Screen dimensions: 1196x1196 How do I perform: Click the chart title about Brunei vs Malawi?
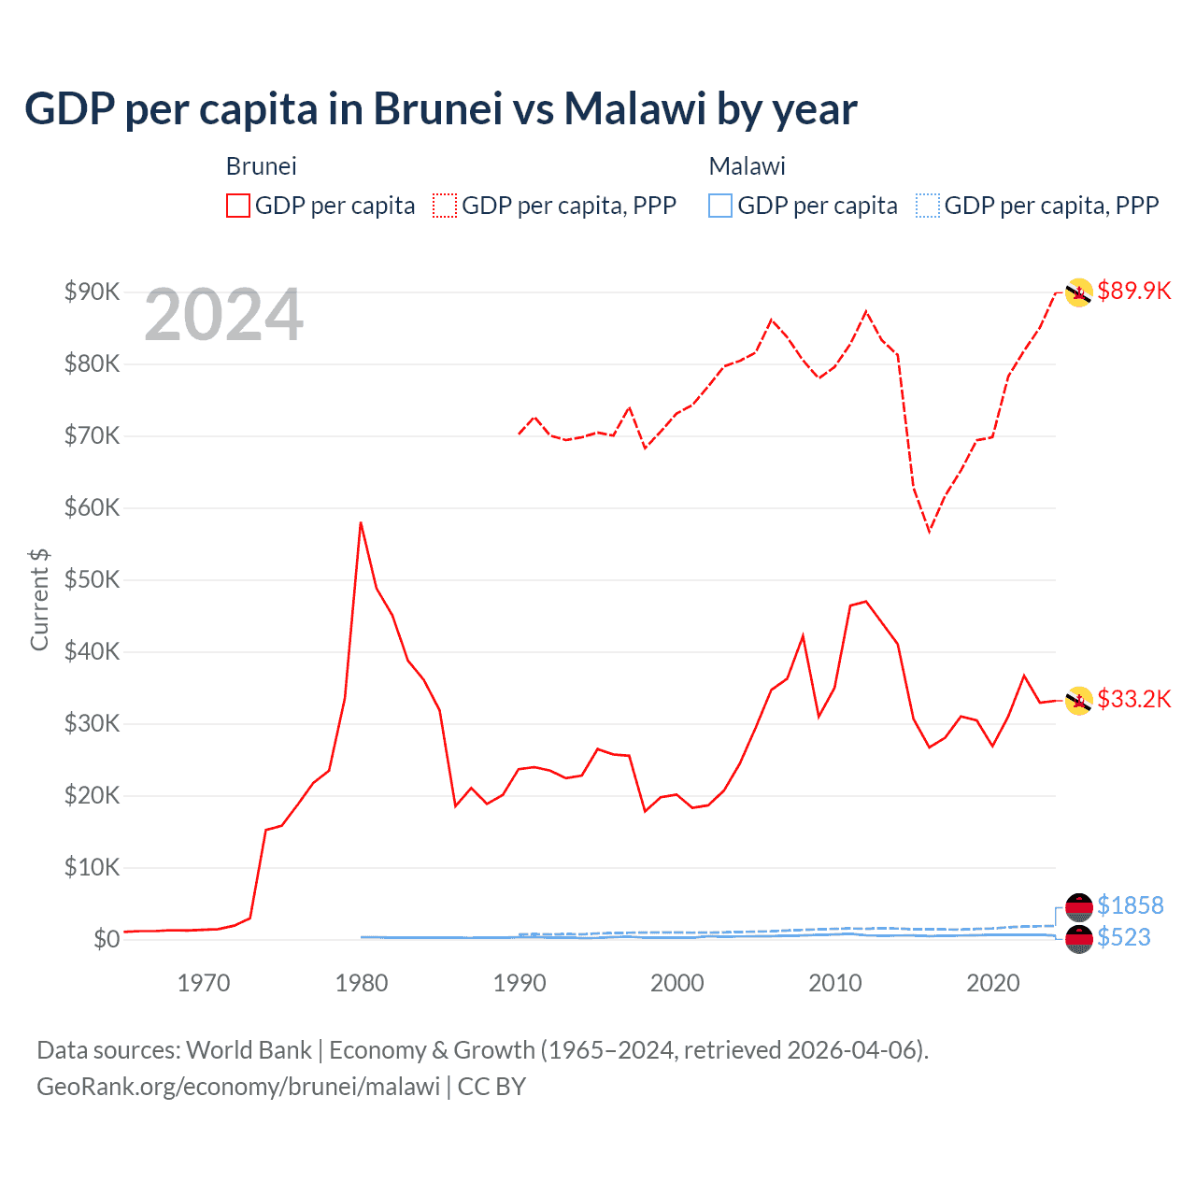click(x=440, y=109)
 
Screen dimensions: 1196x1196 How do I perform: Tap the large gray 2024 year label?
click(x=223, y=316)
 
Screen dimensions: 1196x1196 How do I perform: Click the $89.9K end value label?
click(x=1133, y=291)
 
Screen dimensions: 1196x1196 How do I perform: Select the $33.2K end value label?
click(x=1133, y=699)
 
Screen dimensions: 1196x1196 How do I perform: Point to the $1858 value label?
click(x=1130, y=905)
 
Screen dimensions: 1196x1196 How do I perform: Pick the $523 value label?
click(x=1123, y=937)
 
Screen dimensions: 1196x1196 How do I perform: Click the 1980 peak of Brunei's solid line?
click(x=361, y=523)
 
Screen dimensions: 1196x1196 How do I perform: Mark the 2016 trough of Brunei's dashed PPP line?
click(x=929, y=531)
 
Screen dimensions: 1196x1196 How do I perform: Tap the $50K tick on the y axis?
click(x=92, y=579)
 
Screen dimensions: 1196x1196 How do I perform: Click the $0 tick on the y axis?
click(x=107, y=939)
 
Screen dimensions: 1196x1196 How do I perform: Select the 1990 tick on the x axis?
click(x=520, y=983)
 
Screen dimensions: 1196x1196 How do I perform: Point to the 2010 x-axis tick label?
click(x=834, y=983)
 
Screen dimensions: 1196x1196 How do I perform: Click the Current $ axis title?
click(x=39, y=599)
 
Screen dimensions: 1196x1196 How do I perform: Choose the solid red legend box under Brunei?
click(x=238, y=206)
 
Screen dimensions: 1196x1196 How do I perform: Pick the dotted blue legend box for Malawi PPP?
click(x=928, y=206)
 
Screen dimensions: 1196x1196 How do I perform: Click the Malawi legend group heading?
click(x=747, y=166)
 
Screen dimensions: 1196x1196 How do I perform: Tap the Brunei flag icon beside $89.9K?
click(x=1078, y=292)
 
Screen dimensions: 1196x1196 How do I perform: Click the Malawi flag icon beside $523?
click(x=1079, y=939)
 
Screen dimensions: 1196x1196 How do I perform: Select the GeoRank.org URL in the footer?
click(x=238, y=1087)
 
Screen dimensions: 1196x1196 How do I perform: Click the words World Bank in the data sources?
click(x=249, y=1050)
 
